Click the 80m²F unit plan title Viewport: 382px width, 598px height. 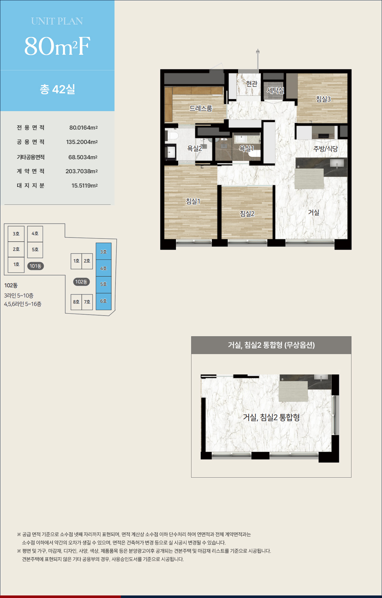click(57, 46)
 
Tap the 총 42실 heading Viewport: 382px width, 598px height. click(57, 89)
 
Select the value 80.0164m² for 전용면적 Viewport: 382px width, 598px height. click(83, 128)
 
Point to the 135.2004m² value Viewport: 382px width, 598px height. click(82, 142)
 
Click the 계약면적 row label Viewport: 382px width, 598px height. click(31, 171)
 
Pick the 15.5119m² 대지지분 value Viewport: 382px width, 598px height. click(84, 186)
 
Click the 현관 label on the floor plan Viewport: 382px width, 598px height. click(252, 83)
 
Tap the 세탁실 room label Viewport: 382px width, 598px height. click(275, 90)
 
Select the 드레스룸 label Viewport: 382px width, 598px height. click(201, 108)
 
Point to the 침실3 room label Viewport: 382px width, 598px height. click(323, 99)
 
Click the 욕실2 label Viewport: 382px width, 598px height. click(194, 148)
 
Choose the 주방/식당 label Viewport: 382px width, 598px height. click(325, 149)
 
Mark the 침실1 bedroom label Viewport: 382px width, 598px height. click(193, 201)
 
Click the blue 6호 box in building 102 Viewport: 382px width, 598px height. click(104, 301)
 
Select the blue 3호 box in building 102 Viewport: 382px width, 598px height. click(104, 252)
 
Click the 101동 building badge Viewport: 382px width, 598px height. click(35, 266)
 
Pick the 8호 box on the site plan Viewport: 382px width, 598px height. click(76, 302)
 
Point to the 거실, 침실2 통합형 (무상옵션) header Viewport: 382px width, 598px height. click(271, 345)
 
